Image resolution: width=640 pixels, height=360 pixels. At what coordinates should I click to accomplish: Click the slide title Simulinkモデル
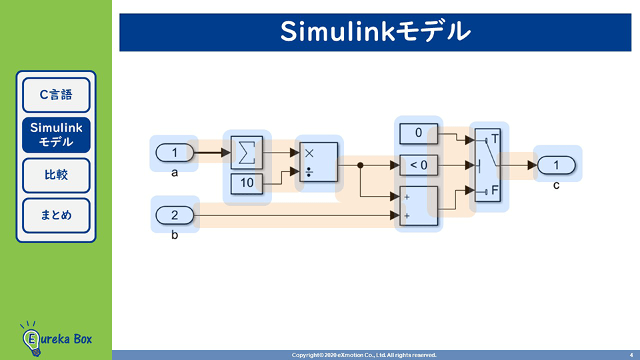pyautogui.click(x=375, y=32)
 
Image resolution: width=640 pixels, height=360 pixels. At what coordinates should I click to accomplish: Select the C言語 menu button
pyautogui.click(x=56, y=95)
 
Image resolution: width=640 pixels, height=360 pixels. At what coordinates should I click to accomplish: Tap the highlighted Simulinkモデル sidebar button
pyautogui.click(x=56, y=135)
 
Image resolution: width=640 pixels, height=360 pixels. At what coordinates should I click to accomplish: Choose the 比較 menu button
pyautogui.click(x=56, y=175)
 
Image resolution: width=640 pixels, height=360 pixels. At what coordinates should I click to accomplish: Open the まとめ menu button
pyautogui.click(x=56, y=215)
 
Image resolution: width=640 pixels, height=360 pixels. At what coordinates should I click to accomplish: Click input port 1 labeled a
pyautogui.click(x=175, y=153)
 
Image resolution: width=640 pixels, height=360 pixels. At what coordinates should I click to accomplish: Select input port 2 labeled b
pyautogui.click(x=175, y=215)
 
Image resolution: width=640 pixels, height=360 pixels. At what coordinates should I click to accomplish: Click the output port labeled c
pyautogui.click(x=557, y=165)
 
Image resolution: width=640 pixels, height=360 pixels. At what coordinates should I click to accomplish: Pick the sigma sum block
pyautogui.click(x=247, y=153)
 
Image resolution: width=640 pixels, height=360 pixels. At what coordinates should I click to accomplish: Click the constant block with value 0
pyautogui.click(x=418, y=133)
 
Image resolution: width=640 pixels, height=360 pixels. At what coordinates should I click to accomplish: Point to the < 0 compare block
pyautogui.click(x=418, y=165)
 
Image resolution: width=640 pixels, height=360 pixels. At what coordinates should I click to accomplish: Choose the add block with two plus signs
pyautogui.click(x=418, y=207)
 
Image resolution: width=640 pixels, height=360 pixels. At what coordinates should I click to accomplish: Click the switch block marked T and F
pyautogui.click(x=489, y=165)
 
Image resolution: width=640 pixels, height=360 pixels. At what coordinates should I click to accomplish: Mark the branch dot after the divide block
pyautogui.click(x=360, y=165)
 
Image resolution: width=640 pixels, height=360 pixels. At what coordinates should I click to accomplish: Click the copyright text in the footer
pyautogui.click(x=364, y=355)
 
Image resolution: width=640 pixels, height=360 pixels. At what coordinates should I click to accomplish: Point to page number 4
pyautogui.click(x=631, y=355)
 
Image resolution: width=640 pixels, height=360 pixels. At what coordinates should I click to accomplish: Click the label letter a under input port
pyautogui.click(x=175, y=173)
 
